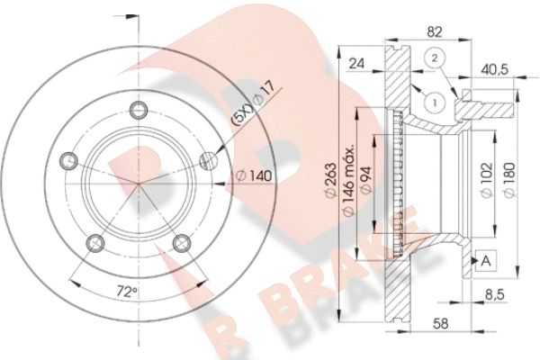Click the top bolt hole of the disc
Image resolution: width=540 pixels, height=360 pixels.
139,110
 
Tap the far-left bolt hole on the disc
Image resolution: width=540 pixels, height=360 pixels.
69,160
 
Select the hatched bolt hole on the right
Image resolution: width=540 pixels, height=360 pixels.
209,160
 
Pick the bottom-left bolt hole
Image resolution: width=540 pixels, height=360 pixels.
95,243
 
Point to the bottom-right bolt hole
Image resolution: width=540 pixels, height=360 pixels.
182,243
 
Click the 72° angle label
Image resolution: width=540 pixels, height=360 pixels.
127,292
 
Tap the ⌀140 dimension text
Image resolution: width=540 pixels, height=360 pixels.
254,176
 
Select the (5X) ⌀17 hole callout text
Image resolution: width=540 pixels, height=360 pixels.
254,103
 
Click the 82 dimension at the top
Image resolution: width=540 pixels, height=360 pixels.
435,32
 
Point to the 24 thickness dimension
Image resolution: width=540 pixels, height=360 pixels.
356,64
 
